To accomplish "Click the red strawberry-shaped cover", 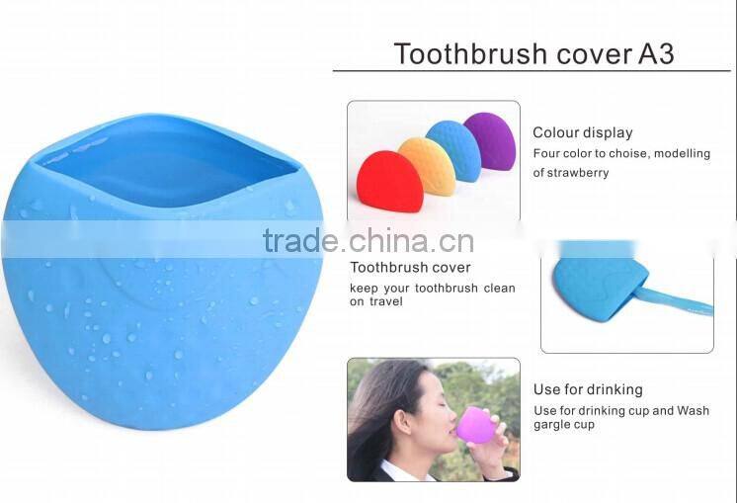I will [388, 182].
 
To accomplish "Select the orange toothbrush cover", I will [427, 166].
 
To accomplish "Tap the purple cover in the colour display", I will [489, 140].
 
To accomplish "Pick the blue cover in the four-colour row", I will [455, 151].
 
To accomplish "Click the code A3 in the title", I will [653, 53].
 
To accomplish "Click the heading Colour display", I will [583, 132].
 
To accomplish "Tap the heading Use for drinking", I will [588, 389].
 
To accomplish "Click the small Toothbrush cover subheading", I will [410, 268].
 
